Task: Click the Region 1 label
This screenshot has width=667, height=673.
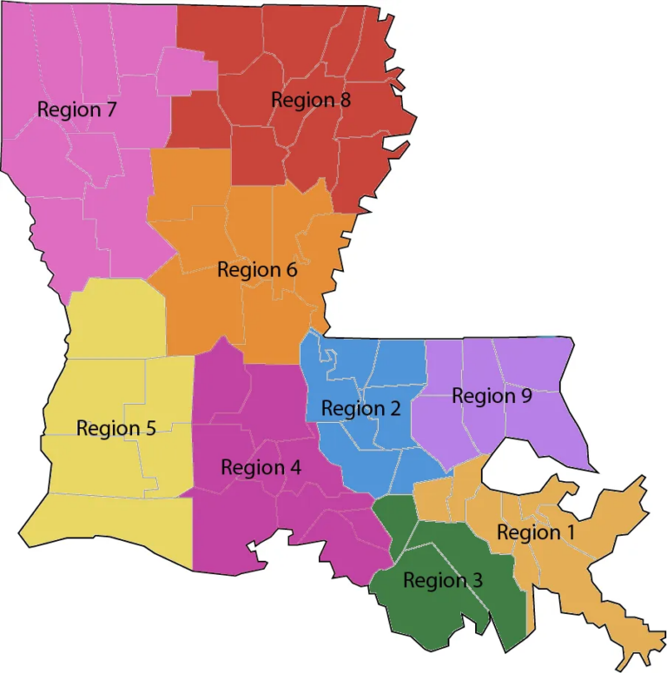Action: [x=529, y=531]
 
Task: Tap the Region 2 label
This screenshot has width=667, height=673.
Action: [x=360, y=408]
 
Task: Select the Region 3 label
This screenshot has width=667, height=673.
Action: [x=443, y=580]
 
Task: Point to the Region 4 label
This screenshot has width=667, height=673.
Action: [x=261, y=467]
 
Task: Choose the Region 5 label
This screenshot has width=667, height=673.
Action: [x=116, y=428]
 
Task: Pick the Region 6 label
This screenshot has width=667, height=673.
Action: [x=257, y=269]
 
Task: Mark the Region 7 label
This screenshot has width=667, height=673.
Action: [x=77, y=110]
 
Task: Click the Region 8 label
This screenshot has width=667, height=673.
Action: [x=311, y=100]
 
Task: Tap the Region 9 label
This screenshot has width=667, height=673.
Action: [x=492, y=396]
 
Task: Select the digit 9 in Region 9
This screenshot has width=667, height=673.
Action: [x=527, y=396]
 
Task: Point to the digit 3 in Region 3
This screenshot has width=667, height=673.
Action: [x=478, y=580]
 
